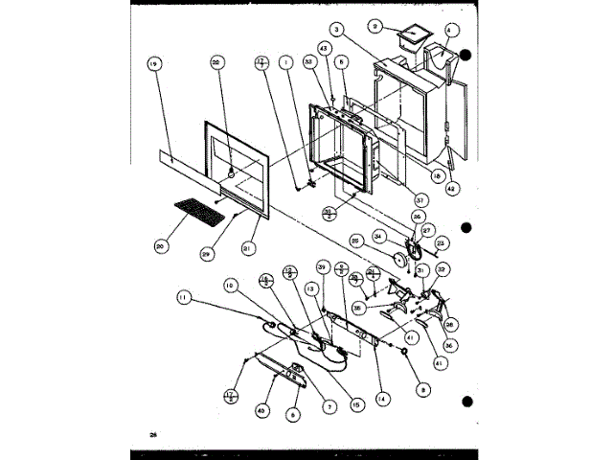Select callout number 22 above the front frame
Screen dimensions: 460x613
click(x=216, y=62)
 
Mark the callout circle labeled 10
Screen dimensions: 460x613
click(x=230, y=286)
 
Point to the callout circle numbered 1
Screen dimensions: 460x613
click(x=284, y=65)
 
